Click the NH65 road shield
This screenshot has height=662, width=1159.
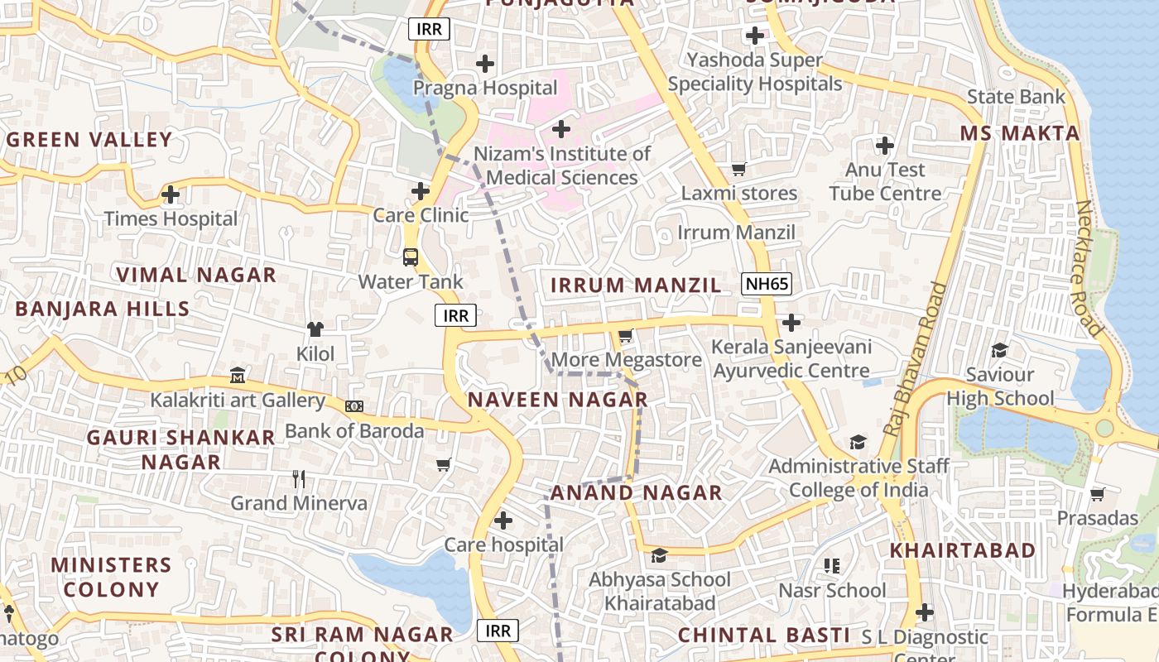pos(767,285)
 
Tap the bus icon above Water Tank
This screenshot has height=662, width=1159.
pos(411,257)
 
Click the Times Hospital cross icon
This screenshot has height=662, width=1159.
pos(171,195)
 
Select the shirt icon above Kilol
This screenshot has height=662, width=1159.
pos(315,329)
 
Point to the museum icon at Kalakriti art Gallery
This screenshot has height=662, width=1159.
pos(238,376)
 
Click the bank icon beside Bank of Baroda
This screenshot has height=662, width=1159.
pos(354,406)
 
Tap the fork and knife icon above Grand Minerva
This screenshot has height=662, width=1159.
pos(299,478)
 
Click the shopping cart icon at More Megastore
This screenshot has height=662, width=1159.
pos(626,336)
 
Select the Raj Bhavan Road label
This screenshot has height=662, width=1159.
pos(916,359)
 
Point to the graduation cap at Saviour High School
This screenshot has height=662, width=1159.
pos(1000,350)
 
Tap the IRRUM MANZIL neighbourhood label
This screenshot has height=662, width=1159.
pos(636,285)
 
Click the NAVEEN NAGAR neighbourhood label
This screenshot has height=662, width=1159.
pos(557,400)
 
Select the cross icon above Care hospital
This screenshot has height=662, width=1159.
pos(503,520)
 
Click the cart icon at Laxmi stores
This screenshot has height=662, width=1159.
pos(738,169)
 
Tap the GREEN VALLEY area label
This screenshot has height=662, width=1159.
pos(89,139)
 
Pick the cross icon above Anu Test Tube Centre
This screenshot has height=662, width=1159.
pos(885,146)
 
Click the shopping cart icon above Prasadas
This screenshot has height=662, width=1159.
pos(1098,494)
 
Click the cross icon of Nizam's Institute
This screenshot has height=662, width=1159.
pos(561,129)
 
